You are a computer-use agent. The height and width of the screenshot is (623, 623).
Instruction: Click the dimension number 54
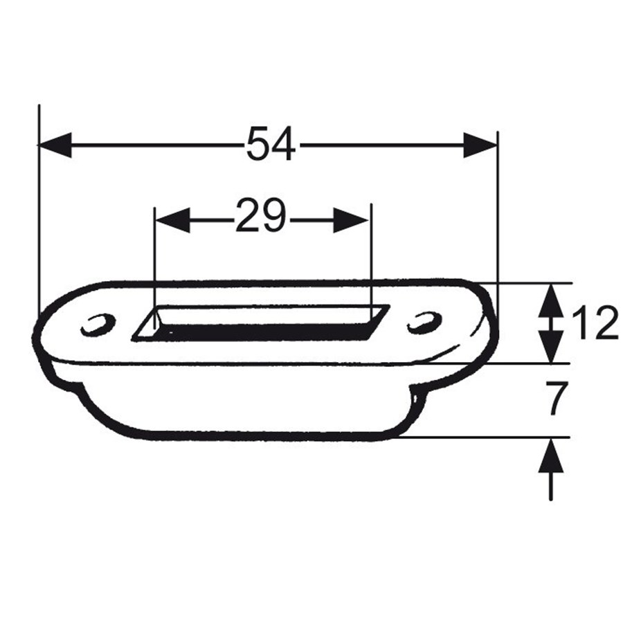[x=271, y=145]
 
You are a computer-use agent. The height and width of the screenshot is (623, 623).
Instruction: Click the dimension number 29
[x=260, y=217]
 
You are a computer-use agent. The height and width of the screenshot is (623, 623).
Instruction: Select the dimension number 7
[x=557, y=400]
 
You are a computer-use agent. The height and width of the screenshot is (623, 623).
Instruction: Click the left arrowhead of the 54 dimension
[x=55, y=145]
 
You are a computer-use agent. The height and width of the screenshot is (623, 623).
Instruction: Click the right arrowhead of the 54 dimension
[x=480, y=145]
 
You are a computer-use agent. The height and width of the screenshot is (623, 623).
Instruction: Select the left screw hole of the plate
[x=98, y=325]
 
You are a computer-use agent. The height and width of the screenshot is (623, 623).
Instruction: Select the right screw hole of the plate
[x=424, y=322]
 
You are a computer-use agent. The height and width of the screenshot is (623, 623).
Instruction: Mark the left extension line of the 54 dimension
[x=39, y=208]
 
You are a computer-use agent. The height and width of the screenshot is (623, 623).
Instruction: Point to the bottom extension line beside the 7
[x=485, y=437]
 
